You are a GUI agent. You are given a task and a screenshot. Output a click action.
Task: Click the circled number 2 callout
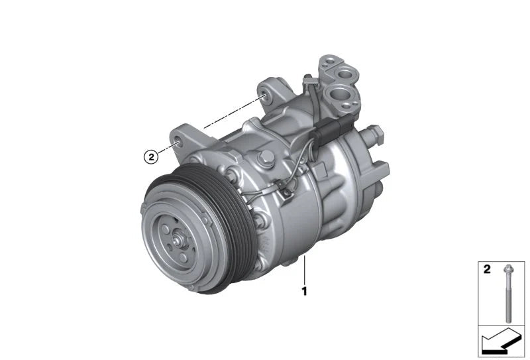pyautogui.click(x=151, y=156)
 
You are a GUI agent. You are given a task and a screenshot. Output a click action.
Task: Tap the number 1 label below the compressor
pyautogui.click(x=304, y=291)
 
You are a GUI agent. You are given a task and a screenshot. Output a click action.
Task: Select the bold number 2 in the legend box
pyautogui.click(x=487, y=269)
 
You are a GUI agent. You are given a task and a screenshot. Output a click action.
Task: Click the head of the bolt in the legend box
pyautogui.click(x=507, y=269)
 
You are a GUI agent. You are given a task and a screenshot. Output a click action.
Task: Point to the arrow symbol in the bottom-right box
pyautogui.click(x=500, y=339)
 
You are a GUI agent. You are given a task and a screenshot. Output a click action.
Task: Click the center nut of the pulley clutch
pyautogui.click(x=176, y=241)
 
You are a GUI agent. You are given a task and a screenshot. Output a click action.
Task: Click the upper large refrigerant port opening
pyautogui.click(x=344, y=74)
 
